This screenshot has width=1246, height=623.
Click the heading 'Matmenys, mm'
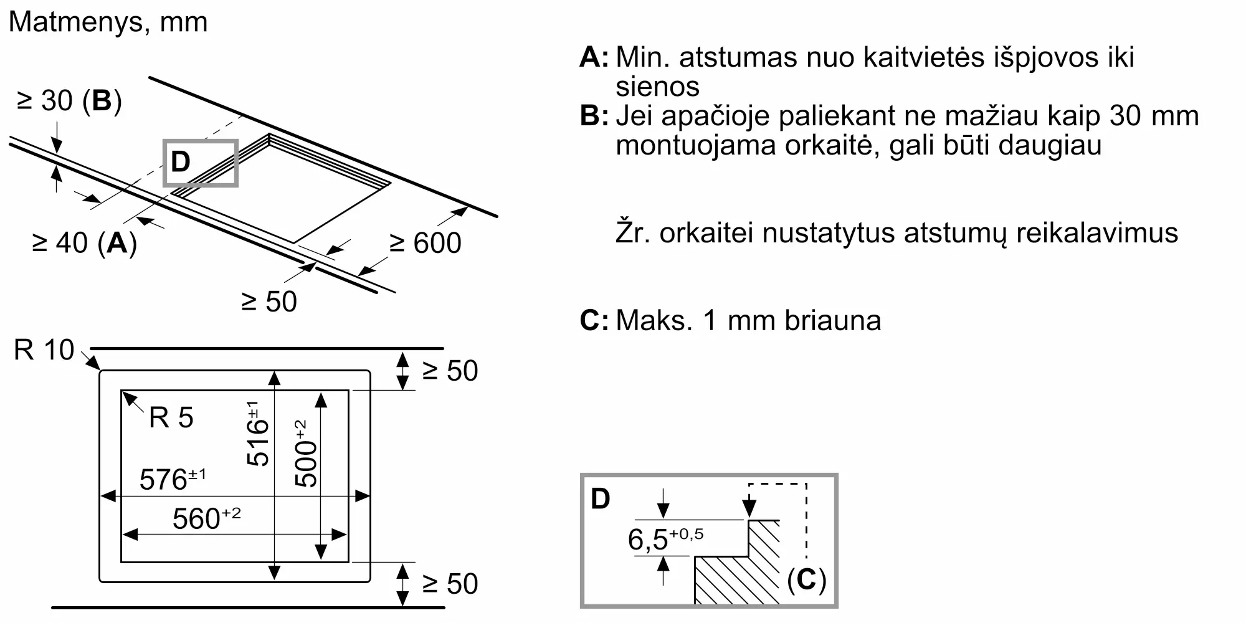click(x=108, y=22)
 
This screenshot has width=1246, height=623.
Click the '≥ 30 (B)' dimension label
click(x=69, y=101)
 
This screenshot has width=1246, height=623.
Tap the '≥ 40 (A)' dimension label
click(x=84, y=243)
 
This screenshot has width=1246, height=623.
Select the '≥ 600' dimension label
click(x=426, y=243)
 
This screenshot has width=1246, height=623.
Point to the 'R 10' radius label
click(x=44, y=350)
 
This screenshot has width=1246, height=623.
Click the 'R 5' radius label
click(x=171, y=418)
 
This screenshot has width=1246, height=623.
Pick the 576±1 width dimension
click(x=173, y=479)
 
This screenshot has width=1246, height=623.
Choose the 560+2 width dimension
click(x=206, y=518)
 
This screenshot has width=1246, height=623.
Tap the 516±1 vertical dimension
click(x=258, y=434)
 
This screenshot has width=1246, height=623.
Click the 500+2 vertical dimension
click(x=306, y=454)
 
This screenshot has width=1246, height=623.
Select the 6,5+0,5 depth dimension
click(x=665, y=540)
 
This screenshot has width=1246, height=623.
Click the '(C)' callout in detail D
click(x=806, y=580)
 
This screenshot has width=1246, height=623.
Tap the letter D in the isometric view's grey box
click(x=180, y=162)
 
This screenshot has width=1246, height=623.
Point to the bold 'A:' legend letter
click(x=594, y=57)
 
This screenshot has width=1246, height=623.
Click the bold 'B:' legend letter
click(x=594, y=116)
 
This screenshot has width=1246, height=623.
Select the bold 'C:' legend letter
click(x=594, y=321)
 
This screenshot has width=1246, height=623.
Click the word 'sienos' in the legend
click(x=657, y=87)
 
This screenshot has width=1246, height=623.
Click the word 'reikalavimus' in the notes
click(x=1097, y=233)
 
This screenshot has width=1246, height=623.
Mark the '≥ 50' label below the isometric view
click(x=269, y=302)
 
